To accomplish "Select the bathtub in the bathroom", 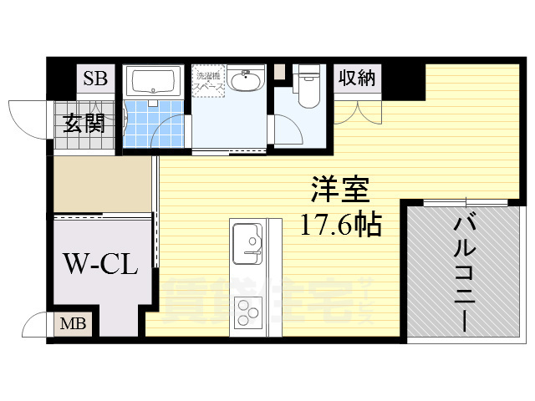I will pos(155,82).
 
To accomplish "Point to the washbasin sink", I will pos(246,81).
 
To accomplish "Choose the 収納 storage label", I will pos(357,79).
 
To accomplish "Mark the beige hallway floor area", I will pos(100,184).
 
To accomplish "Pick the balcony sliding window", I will pos(466,202).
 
